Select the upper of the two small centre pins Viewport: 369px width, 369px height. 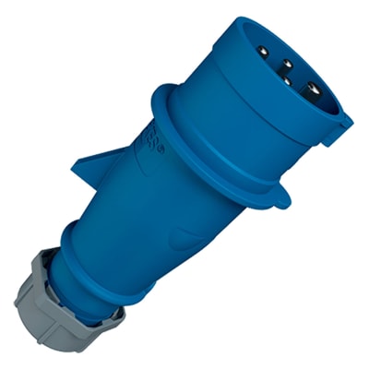(287, 63)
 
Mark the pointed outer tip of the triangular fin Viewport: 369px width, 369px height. (75, 168)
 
